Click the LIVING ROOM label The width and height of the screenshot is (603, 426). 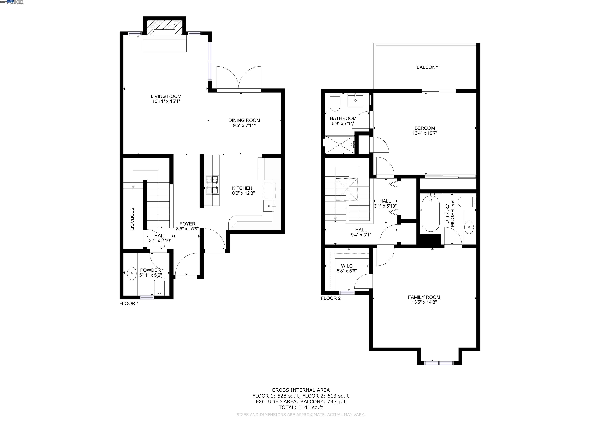click(x=166, y=96)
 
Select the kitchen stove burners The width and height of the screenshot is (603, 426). click(x=212, y=185)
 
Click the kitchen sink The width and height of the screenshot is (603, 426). click(x=268, y=206)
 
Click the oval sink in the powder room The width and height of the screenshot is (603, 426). click(x=131, y=273)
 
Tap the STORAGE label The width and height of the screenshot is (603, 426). click(x=132, y=219)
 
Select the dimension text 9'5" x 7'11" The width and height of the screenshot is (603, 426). click(x=244, y=126)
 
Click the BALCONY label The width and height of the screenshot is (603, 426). click(x=427, y=67)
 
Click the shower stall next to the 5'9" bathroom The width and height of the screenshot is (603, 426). click(x=340, y=144)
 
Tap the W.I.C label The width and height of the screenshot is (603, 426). click(x=347, y=266)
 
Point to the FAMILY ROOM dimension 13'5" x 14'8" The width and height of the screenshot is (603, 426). click(x=424, y=302)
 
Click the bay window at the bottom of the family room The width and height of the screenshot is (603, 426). click(x=439, y=363)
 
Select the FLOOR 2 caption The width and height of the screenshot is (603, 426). click(x=331, y=298)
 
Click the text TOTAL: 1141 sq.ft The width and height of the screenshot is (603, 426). click(x=301, y=407)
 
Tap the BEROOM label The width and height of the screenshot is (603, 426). click(x=425, y=128)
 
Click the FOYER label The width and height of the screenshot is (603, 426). click(x=187, y=224)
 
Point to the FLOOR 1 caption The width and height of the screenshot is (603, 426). click(x=129, y=303)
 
